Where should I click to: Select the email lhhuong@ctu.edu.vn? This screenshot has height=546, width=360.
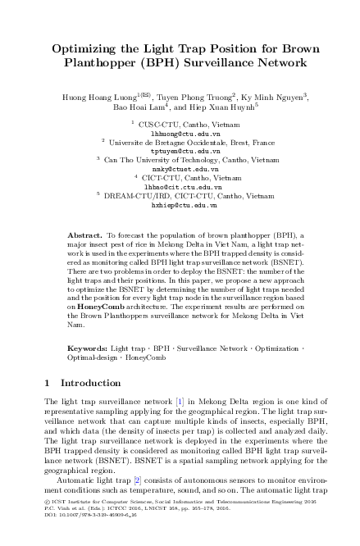[180, 131]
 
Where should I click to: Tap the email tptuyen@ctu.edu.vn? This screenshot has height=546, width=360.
[180, 151]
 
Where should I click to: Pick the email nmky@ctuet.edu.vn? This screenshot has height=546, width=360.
[180, 170]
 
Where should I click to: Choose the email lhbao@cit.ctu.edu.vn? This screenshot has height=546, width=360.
[180, 188]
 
